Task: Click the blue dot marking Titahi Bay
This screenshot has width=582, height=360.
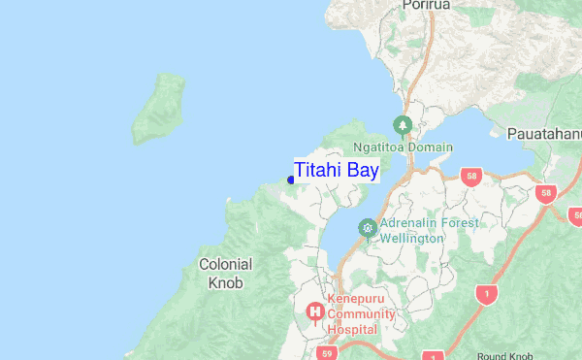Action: pyautogui.click(x=291, y=180)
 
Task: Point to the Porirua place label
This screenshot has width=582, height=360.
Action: pyautogui.click(x=429, y=7)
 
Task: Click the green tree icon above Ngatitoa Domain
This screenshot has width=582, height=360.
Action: pyautogui.click(x=403, y=126)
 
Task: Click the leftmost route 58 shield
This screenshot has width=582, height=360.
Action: pyautogui.click(x=471, y=177)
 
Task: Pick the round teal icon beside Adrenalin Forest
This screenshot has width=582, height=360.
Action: pyautogui.click(x=367, y=228)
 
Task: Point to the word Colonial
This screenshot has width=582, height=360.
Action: pyautogui.click(x=225, y=264)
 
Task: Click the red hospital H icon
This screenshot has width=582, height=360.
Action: pyautogui.click(x=314, y=311)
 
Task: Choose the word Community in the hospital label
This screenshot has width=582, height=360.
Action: pyautogui.click(x=361, y=314)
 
